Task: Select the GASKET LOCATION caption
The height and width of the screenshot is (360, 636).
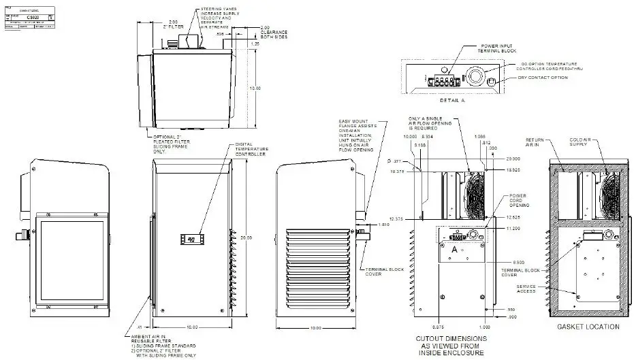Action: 588,327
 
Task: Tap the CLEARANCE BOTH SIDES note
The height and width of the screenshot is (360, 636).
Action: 274,35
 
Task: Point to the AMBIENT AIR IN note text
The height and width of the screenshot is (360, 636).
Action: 153,338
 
